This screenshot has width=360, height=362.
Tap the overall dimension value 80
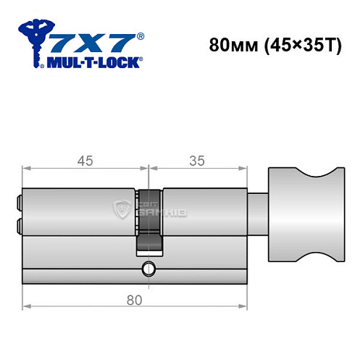pos(133,298)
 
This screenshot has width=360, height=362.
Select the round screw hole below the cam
pos(149,270)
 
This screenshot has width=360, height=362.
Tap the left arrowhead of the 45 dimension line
pos(26,169)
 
